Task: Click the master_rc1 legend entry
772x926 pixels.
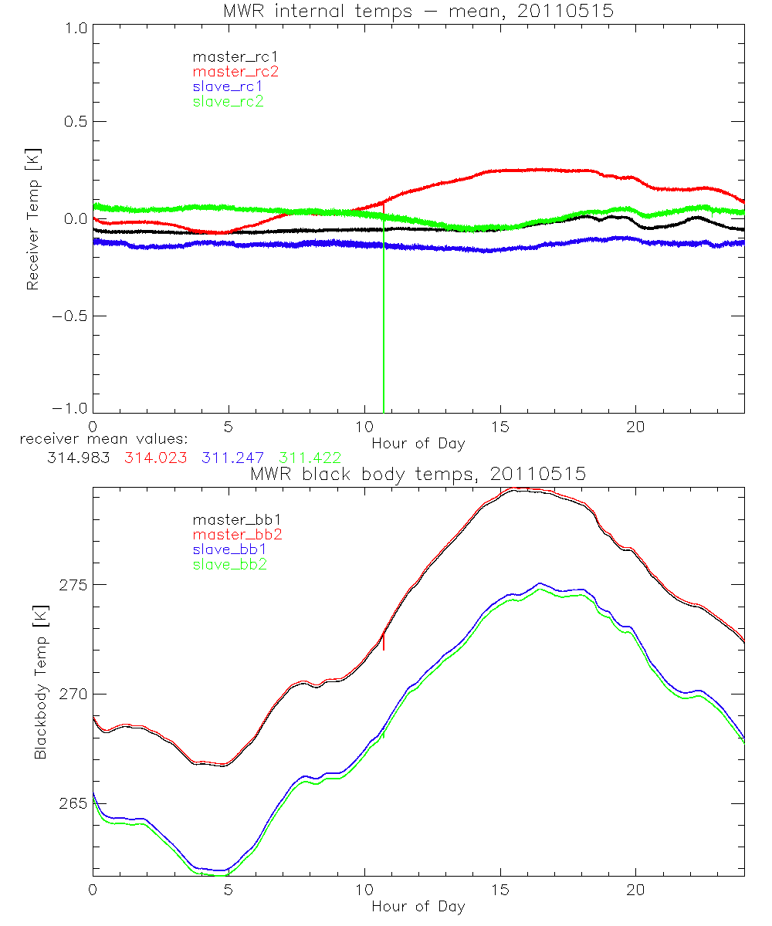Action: (x=228, y=56)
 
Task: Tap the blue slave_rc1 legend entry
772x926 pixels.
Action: (x=228, y=86)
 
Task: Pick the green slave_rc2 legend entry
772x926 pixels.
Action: (x=228, y=100)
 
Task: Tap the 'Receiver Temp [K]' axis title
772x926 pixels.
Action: (x=32, y=219)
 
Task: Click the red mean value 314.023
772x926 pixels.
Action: (x=156, y=458)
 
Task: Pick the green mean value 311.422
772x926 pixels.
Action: (x=310, y=458)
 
